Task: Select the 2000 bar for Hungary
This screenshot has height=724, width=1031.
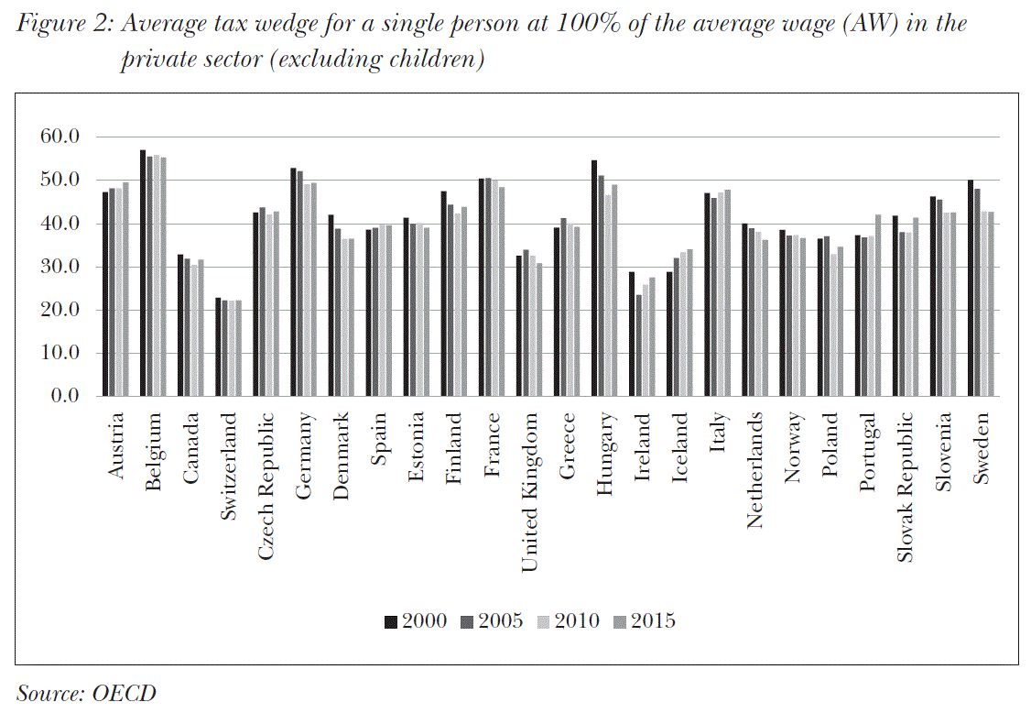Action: [x=594, y=279]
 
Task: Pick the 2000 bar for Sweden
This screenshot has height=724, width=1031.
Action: [x=971, y=288]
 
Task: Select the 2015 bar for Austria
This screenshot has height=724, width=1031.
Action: [x=125, y=290]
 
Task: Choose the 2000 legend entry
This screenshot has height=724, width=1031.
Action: [x=417, y=620]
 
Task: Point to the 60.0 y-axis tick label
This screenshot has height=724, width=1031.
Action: [x=61, y=137]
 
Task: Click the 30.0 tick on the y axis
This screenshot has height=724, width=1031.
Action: [x=61, y=267]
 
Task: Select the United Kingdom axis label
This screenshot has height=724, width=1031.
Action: [x=529, y=493]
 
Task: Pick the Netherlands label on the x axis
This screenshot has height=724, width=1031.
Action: [x=755, y=470]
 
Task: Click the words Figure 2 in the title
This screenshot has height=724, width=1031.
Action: [x=63, y=24]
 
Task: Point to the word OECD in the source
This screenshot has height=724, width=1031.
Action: [x=124, y=693]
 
